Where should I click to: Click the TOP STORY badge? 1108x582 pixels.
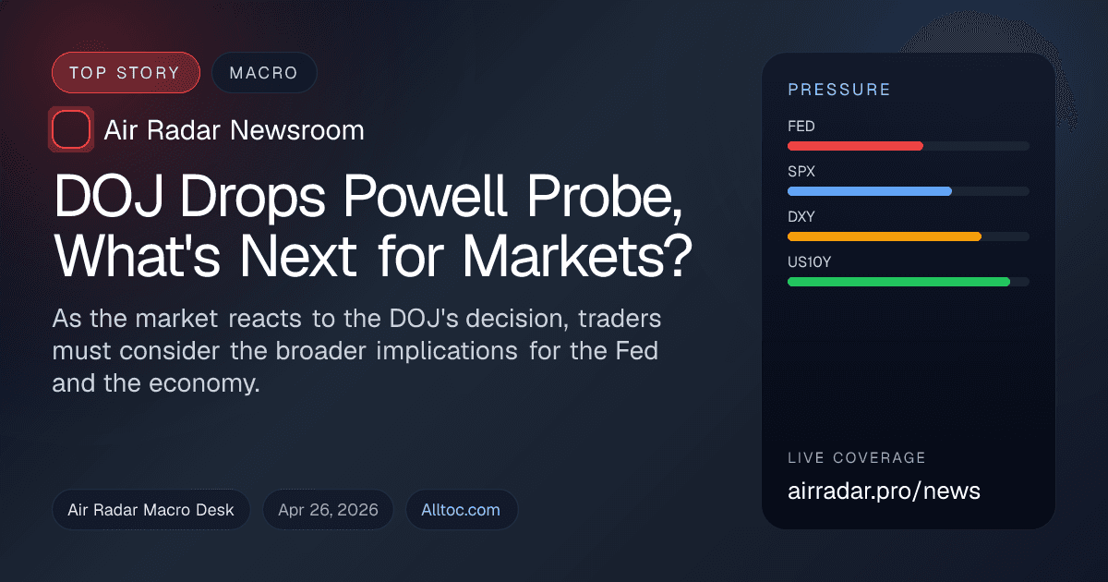pos(126,73)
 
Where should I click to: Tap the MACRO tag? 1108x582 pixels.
pos(264,73)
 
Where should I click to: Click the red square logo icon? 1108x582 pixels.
pos(71,129)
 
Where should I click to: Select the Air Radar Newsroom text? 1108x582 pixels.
pos(234,130)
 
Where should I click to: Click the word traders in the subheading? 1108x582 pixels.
pos(620,320)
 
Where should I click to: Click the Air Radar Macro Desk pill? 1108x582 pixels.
pos(151,509)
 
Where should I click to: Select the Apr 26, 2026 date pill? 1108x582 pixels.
pos(328,509)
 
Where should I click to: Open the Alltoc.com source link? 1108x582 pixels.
pos(461,509)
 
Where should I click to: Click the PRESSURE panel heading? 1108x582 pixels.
pos(838,90)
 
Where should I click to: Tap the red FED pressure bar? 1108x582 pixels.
pos(855,146)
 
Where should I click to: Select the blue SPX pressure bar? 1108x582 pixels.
pos(869,191)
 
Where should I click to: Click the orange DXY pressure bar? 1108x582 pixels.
pos(884,236)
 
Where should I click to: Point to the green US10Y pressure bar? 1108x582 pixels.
pos(898,282)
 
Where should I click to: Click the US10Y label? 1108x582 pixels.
pos(809,262)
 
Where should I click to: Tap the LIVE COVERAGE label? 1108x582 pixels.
pos(856,458)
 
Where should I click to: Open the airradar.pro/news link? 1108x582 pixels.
pos(884,491)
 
